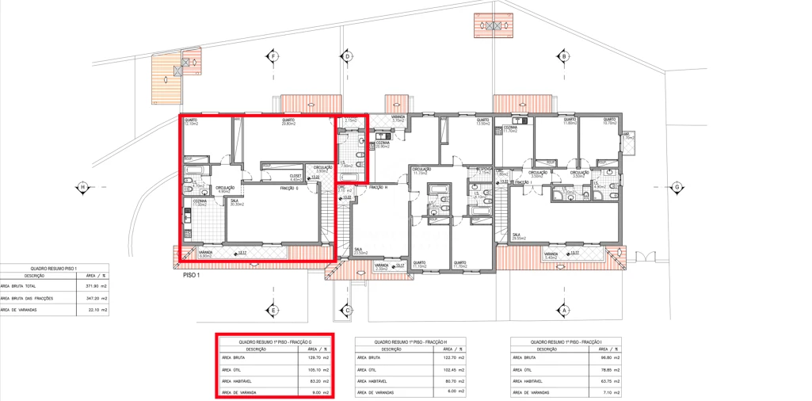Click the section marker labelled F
click(x=273, y=57)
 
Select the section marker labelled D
click(x=347, y=57)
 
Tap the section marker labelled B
click(x=564, y=57)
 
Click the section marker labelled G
click(x=677, y=188)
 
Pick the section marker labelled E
click(x=273, y=311)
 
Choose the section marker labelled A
click(x=564, y=311)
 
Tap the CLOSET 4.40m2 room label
click(x=295, y=178)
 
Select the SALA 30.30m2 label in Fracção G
click(x=237, y=203)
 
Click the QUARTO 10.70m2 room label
click(x=609, y=122)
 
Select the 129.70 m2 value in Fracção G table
click(x=311, y=358)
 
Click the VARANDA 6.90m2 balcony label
click(x=205, y=254)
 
